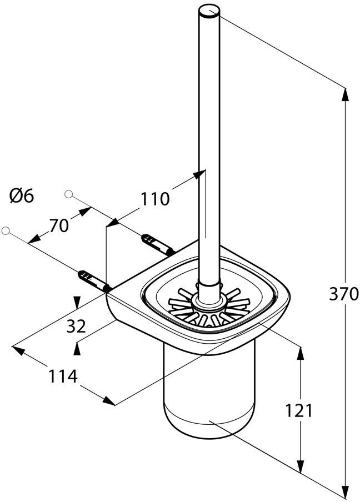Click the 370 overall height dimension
pos(344,294)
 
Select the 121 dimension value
pos(298,410)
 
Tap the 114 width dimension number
pos(63,376)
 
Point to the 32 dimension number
pos(76,327)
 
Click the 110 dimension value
pos(156,199)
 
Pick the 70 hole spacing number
pos(59,225)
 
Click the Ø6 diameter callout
pos(22,195)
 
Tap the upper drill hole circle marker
pos(68,194)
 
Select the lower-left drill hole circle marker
pos(6,230)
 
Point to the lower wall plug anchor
pos(94,281)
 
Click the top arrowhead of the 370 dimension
pos(345,95)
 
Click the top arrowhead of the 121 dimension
pos(300,354)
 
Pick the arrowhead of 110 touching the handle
pos(199,174)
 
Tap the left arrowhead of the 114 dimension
pos(18,350)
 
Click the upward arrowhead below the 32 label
pos(77,349)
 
